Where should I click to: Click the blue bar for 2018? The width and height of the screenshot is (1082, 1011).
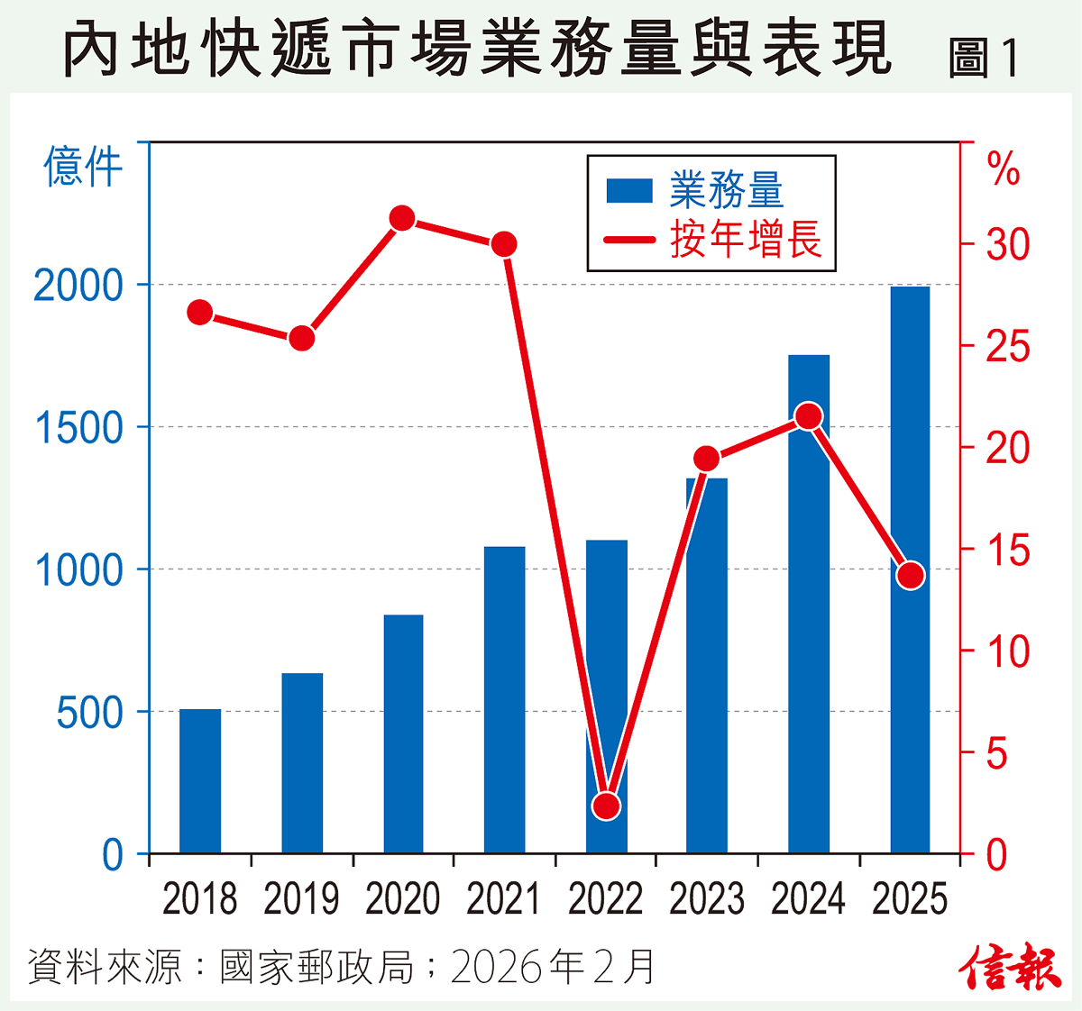[200, 781]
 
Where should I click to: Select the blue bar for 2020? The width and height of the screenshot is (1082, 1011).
[403, 734]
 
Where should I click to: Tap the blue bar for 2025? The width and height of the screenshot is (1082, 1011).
[910, 569]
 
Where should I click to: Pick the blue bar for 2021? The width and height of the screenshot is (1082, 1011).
[504, 700]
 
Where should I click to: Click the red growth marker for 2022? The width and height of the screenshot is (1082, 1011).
[607, 806]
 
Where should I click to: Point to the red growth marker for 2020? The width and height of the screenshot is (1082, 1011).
[402, 218]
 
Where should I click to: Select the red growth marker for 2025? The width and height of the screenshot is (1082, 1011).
[911, 576]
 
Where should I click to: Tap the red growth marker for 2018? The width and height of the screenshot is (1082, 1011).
[200, 313]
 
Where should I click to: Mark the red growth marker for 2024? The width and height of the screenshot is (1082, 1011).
[809, 416]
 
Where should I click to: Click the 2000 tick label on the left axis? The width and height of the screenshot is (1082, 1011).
[78, 287]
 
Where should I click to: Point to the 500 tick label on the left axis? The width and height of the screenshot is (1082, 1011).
[89, 713]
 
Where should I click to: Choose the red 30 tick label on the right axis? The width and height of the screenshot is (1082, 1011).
[1007, 244]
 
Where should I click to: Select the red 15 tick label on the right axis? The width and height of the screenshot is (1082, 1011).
[1007, 551]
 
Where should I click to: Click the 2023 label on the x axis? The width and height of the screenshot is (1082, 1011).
[707, 899]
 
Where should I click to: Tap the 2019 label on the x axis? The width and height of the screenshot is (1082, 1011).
[301, 899]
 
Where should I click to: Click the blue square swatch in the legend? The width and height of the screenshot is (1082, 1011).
[629, 191]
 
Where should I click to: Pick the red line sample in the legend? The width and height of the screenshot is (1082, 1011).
[629, 240]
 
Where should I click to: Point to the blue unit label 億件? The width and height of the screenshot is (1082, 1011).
[83, 168]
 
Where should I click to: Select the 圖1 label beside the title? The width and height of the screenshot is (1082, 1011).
[984, 59]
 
